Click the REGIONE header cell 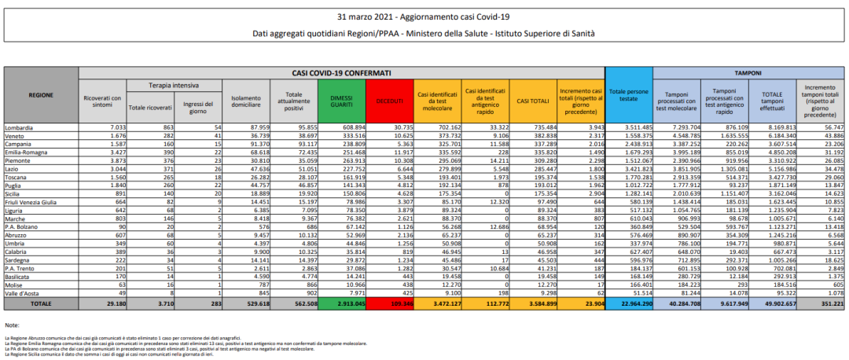(x=41, y=94)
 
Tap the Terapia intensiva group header (x=174, y=85)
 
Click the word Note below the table (x=11, y=325)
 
